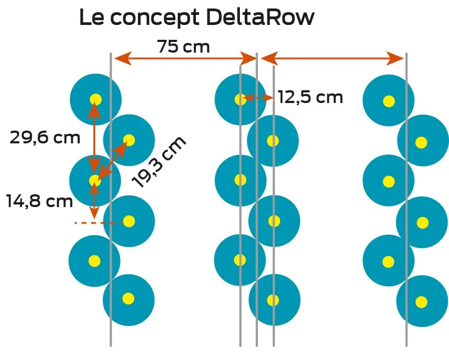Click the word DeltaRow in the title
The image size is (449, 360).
[260, 18]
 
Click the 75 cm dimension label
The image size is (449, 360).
[183, 47]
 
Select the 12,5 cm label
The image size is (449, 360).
[310, 97]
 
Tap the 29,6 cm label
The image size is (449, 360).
[45, 138]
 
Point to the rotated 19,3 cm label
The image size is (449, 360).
[159, 161]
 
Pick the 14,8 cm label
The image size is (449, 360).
[39, 201]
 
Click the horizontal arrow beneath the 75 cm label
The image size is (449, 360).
[185, 58]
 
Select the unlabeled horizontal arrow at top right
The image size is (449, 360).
[332, 58]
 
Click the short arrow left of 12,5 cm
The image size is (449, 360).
[257, 98]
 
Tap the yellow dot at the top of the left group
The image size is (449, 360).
[96, 99]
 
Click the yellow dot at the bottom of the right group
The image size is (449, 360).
[421, 302]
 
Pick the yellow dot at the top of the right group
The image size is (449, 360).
[389, 101]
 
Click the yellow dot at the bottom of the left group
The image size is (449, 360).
[128, 298]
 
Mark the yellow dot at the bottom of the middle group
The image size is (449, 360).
[273, 300]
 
